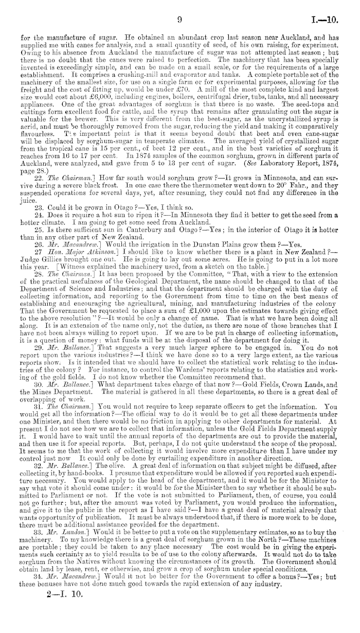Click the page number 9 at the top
tap(180, 6)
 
